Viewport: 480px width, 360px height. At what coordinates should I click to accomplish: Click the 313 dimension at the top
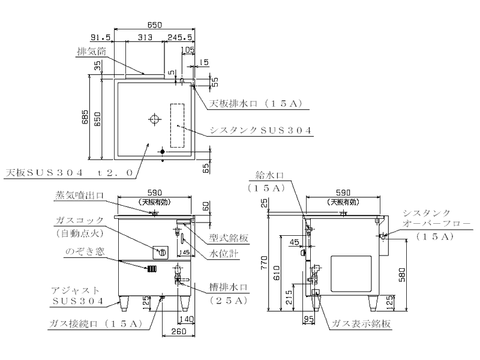[143, 37]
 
